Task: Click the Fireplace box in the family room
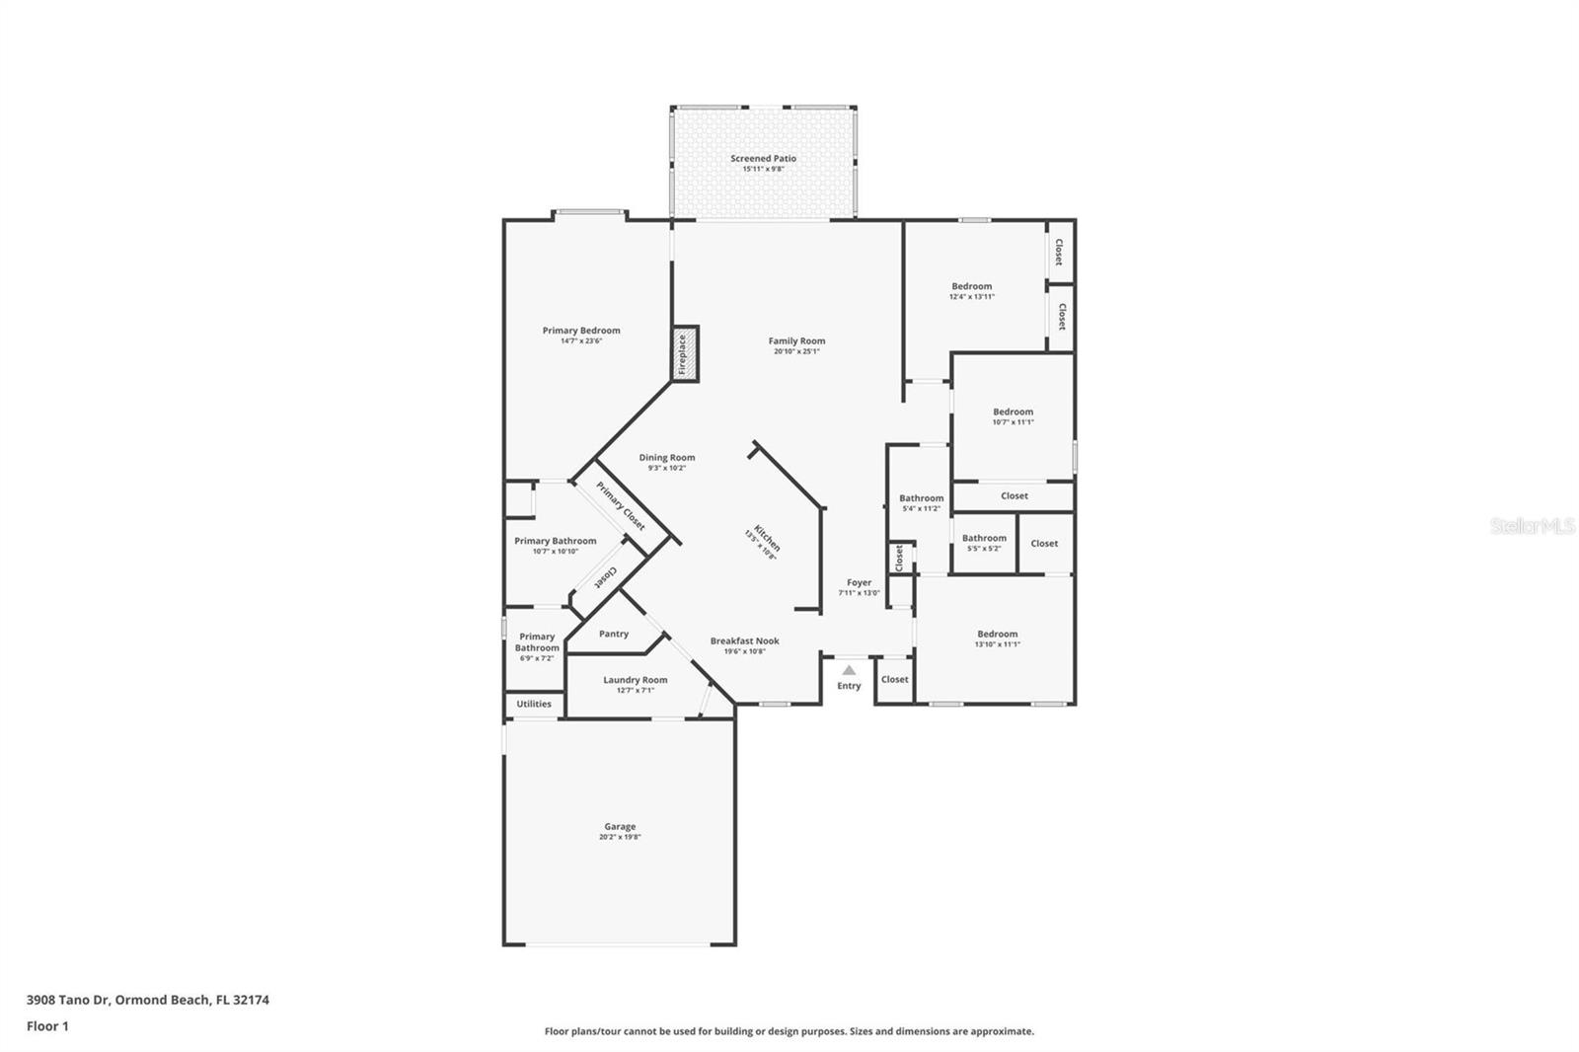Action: point(685,354)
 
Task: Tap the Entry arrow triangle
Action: point(849,670)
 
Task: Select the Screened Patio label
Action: point(763,158)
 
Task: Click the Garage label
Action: point(620,827)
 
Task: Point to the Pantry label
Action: point(613,634)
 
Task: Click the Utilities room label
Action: point(534,704)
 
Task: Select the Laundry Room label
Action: point(635,680)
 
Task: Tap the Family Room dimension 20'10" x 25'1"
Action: point(796,351)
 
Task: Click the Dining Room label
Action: point(666,458)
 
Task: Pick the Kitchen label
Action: point(767,538)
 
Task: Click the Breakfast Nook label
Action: point(744,641)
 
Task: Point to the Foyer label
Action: point(859,583)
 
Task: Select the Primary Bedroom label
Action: point(581,331)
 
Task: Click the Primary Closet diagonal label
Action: point(621,505)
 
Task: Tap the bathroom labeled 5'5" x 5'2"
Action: point(984,543)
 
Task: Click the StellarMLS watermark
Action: point(1532,527)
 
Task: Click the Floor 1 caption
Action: point(47,1026)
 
